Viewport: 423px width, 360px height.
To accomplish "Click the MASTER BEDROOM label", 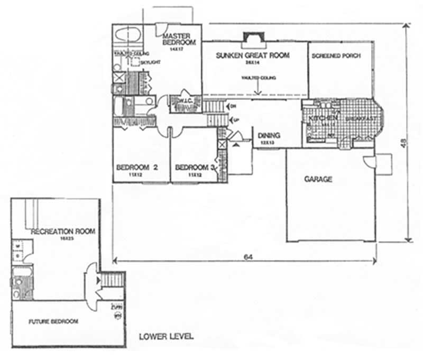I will point(179,39).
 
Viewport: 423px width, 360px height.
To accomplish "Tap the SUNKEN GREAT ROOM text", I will point(252,55).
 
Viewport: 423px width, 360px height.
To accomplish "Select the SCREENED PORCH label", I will point(336,56).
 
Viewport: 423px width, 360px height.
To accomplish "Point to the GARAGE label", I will point(318,179).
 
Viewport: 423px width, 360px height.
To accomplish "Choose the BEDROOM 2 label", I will point(137,168).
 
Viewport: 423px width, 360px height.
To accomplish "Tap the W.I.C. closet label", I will point(185,101).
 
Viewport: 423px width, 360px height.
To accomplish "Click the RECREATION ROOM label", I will point(63,232).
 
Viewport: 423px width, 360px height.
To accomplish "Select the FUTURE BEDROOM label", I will point(53,321).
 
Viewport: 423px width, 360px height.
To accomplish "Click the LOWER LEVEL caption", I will point(165,336).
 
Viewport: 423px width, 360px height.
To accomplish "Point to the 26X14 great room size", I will point(249,62).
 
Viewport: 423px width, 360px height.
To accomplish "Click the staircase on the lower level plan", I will point(112,279).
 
